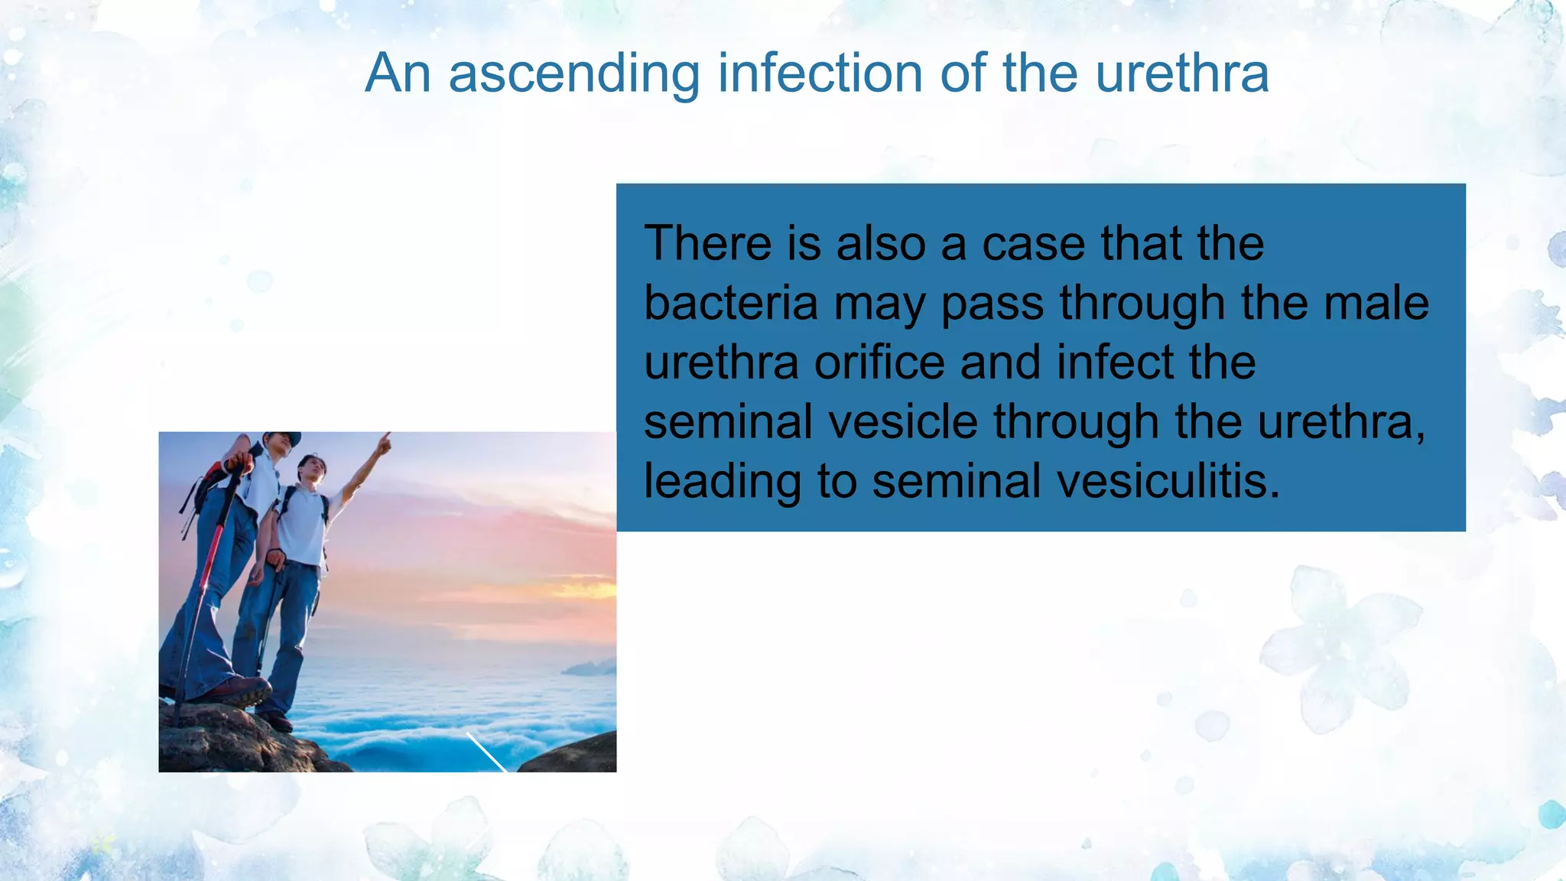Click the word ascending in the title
pyautogui.click(x=573, y=74)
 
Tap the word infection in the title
pyautogui.click(x=820, y=74)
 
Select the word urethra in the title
pyautogui.click(x=1182, y=74)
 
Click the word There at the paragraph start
pyautogui.click(x=708, y=244)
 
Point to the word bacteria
pyautogui.click(x=730, y=304)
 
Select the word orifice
pyautogui.click(x=879, y=362)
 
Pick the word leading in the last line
pyautogui.click(x=723, y=482)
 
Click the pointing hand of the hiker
pyautogui.click(x=385, y=440)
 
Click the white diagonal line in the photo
pyautogui.click(x=486, y=753)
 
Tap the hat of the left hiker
pyautogui.click(x=282, y=438)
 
